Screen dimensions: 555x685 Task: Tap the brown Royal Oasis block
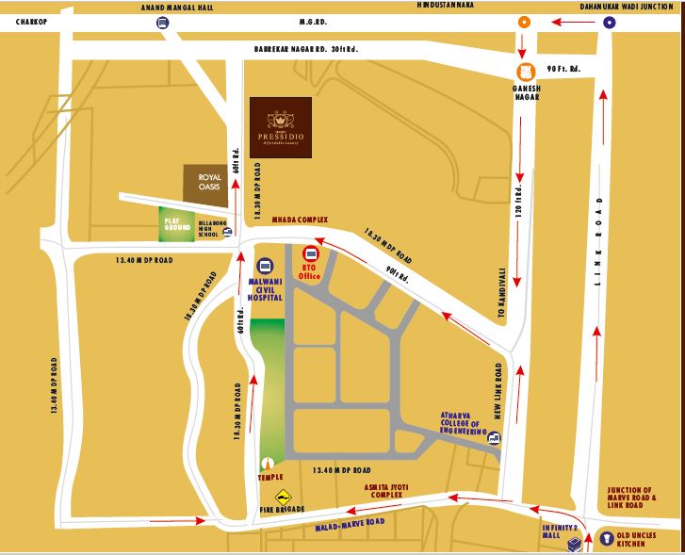coord(207,182)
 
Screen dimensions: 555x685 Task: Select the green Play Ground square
coord(175,222)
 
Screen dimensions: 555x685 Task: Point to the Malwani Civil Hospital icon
coord(265,267)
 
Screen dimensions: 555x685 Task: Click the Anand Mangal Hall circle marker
coord(164,24)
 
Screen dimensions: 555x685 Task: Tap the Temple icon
coord(269,464)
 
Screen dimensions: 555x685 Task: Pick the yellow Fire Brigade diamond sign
coord(281,497)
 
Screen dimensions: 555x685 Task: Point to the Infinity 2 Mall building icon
coord(573,545)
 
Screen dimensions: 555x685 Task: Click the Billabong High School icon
coord(228,232)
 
